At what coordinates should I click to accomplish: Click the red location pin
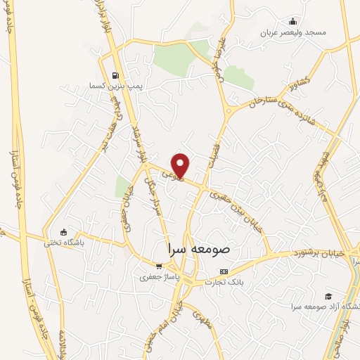tap(181, 165)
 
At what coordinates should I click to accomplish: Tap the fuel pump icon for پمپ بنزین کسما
tap(115, 75)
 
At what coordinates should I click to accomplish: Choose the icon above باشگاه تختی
tap(64, 233)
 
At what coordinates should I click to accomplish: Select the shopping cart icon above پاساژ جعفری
tap(160, 266)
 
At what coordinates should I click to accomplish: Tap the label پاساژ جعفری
tap(159, 277)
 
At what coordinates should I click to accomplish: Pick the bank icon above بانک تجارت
tap(224, 271)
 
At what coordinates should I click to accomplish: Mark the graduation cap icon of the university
tap(328, 296)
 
